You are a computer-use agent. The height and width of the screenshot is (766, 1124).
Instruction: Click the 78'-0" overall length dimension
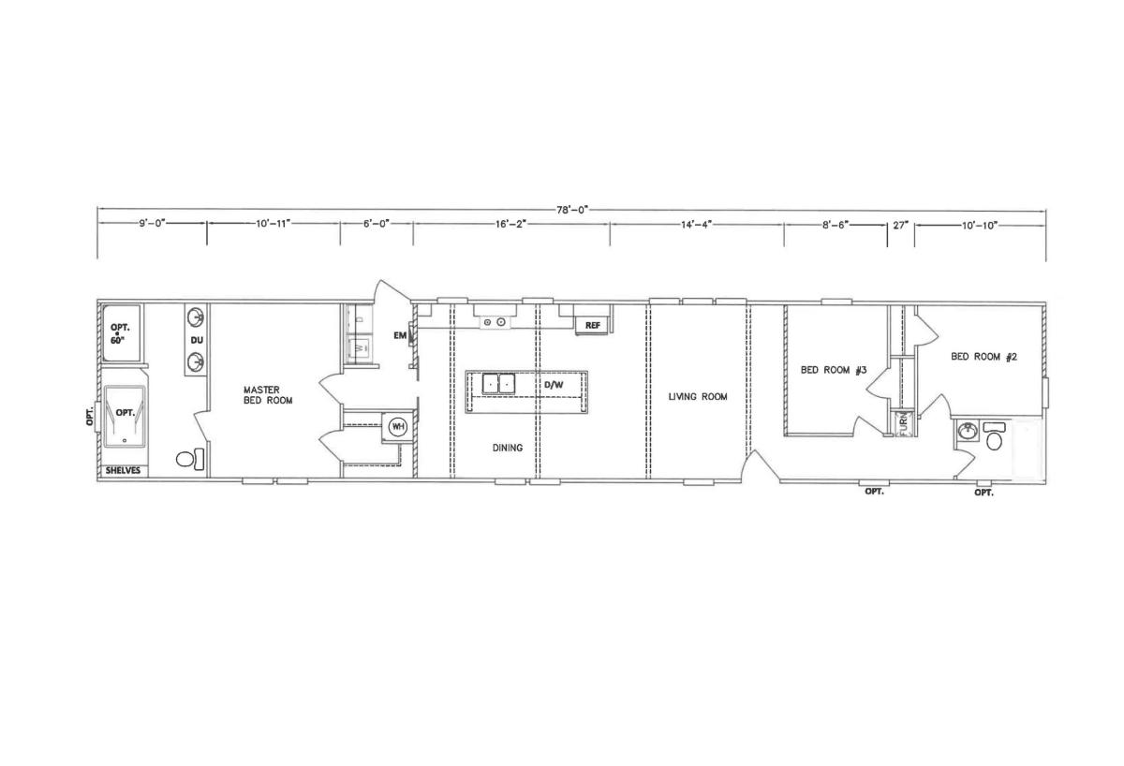(x=571, y=210)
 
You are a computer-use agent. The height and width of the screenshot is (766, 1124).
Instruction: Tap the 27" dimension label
(x=901, y=226)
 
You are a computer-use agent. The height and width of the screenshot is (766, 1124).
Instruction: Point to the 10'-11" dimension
(x=274, y=223)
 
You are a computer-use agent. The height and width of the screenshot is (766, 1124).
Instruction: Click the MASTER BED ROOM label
(x=268, y=395)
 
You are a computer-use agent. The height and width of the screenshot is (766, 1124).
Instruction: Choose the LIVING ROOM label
(x=698, y=397)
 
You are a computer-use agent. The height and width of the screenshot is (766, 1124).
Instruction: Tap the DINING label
(x=508, y=448)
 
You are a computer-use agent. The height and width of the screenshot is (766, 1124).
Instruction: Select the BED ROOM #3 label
(x=834, y=370)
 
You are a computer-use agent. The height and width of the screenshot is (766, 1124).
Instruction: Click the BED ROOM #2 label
(x=983, y=357)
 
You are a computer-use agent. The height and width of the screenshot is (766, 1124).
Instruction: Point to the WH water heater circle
(x=398, y=427)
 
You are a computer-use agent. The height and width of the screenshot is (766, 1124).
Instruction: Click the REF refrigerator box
(x=593, y=325)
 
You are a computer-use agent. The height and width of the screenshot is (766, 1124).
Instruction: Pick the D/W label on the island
(x=554, y=385)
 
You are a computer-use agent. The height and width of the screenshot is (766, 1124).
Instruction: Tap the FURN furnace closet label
(x=904, y=423)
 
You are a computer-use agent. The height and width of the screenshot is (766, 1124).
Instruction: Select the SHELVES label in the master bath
(x=123, y=470)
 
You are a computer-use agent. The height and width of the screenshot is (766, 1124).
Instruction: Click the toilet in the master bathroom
(x=190, y=459)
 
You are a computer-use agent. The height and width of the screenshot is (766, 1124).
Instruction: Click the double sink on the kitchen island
(x=498, y=384)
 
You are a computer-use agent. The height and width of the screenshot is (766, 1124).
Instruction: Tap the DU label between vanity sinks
(x=197, y=340)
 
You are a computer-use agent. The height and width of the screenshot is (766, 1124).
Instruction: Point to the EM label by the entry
(x=400, y=335)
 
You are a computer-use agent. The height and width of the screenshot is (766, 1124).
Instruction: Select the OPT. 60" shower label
(x=120, y=333)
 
